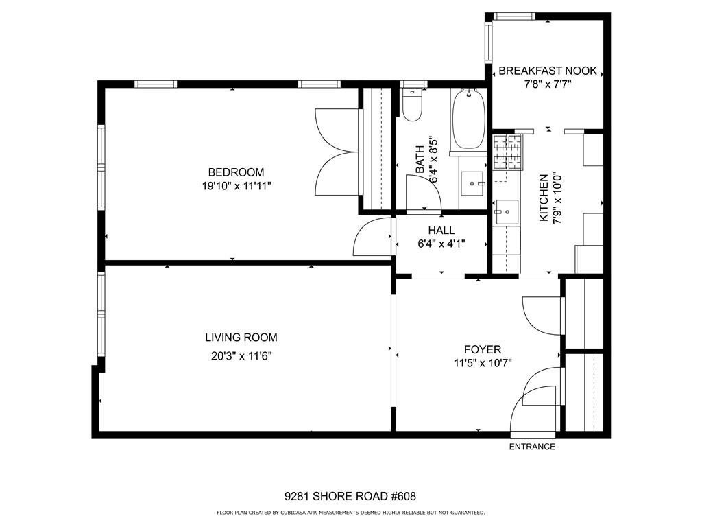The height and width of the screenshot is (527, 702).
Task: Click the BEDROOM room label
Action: coord(236,172)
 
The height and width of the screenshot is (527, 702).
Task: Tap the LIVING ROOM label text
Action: coord(241,338)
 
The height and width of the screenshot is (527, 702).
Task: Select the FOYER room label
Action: coord(482,349)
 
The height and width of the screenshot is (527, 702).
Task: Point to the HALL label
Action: coord(441,231)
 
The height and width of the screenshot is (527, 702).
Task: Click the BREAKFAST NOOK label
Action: coord(547,71)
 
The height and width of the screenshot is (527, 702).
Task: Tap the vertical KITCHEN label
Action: coord(544,198)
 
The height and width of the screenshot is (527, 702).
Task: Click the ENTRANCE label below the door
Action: coord(532,447)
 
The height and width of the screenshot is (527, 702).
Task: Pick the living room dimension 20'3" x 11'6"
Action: coord(241,355)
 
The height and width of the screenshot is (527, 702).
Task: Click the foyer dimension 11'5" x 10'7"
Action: coord(482,363)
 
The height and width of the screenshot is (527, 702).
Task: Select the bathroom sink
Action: coord(472,183)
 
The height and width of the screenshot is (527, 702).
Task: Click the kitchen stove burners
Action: coord(507,152)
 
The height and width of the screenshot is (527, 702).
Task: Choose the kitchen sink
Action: coord(506,212)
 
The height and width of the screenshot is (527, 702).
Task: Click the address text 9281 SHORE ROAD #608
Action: coord(350,496)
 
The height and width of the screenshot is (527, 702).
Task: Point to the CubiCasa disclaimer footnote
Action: coord(350,513)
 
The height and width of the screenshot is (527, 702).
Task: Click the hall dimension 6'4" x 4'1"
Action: coord(441,243)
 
